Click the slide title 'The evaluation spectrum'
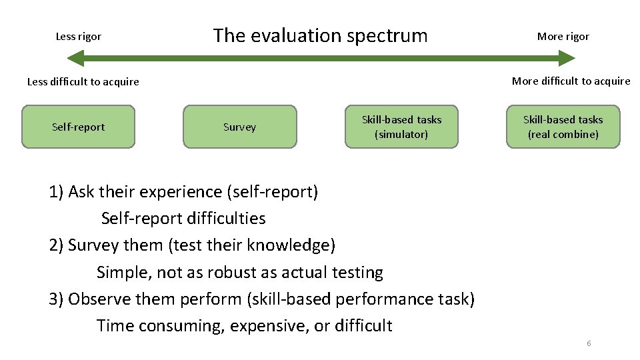320,35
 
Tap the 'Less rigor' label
79,37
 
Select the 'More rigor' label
563,37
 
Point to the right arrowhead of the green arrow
566,58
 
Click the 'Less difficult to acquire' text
83,82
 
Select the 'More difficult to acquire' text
571,81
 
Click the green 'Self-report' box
79,127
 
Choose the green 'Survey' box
240,127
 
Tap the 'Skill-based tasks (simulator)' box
401,127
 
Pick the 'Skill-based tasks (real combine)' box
563,127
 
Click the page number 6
589,343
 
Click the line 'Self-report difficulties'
183,219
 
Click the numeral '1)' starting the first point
57,192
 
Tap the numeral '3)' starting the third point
57,299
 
